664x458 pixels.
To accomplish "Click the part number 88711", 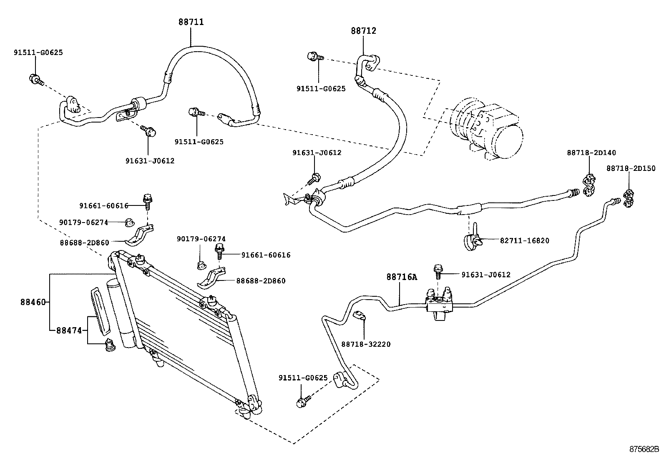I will pyautogui.click(x=191, y=22).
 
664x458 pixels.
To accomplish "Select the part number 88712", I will pyautogui.click(x=363, y=31).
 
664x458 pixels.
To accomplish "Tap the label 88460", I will pyautogui.click(x=33, y=302).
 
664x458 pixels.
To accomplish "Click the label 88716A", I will pyautogui.click(x=401, y=277).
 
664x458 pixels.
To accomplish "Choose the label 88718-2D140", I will pyautogui.click(x=591, y=153).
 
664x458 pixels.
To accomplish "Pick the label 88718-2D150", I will pyautogui.click(x=631, y=168).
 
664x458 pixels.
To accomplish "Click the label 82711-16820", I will pyautogui.click(x=525, y=240).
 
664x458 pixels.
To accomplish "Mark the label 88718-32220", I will pyautogui.click(x=366, y=344).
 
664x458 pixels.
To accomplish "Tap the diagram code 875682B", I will pyautogui.click(x=644, y=449).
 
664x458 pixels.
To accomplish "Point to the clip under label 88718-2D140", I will pyautogui.click(x=589, y=185).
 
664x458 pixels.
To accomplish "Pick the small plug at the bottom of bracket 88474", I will pyautogui.click(x=111, y=345).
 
